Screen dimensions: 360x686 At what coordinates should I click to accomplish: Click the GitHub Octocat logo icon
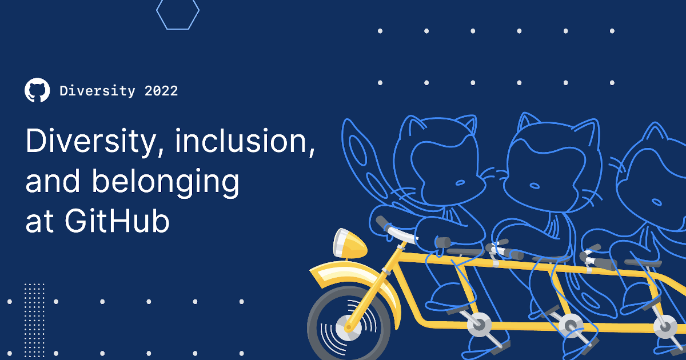pos(37,90)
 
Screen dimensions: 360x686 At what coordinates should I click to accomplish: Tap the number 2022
pos(161,91)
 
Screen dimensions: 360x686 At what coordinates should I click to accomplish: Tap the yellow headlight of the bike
pos(350,243)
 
